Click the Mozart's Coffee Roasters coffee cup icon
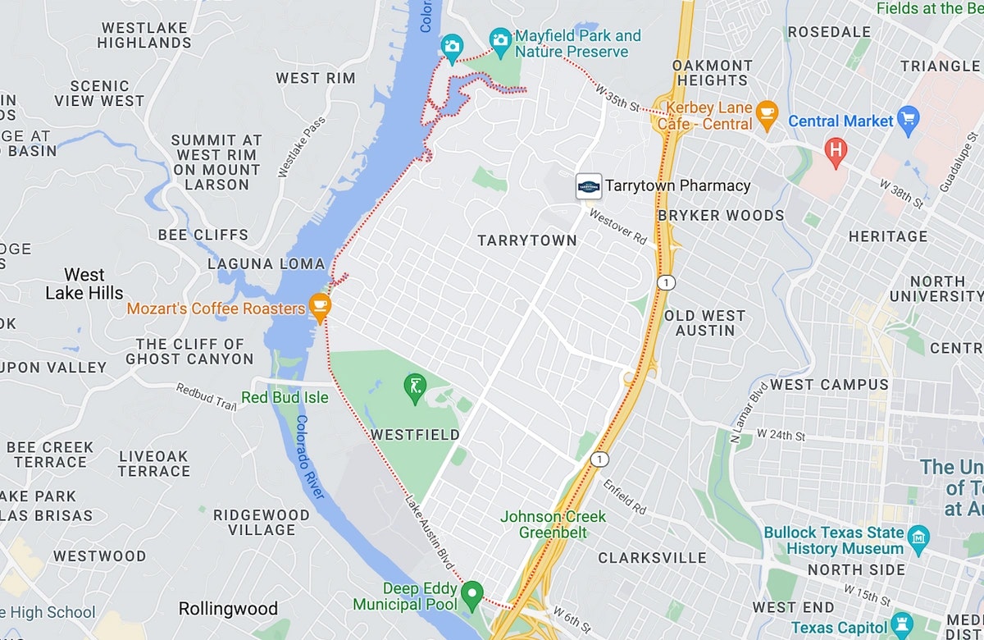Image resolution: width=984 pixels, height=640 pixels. pyautogui.click(x=320, y=307)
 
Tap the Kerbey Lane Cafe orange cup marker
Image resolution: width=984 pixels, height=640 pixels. pyautogui.click(x=767, y=114)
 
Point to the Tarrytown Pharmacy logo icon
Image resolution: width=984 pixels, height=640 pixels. pyautogui.click(x=589, y=185)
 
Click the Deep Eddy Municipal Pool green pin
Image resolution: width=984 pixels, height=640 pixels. pyautogui.click(x=471, y=592)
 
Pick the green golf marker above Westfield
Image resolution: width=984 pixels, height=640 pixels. pyautogui.click(x=415, y=385)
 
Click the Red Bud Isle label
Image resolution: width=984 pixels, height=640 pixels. pyautogui.click(x=285, y=398)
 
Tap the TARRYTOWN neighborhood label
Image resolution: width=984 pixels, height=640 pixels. pyautogui.click(x=527, y=240)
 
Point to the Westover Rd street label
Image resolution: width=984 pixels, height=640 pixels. pyautogui.click(x=617, y=226)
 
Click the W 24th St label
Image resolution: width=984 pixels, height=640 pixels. pyautogui.click(x=782, y=434)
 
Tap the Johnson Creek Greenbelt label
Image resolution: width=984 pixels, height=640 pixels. pyautogui.click(x=553, y=524)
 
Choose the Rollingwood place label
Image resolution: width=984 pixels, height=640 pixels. pyautogui.click(x=228, y=609)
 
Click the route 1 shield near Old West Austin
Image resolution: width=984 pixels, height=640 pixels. pyautogui.click(x=667, y=282)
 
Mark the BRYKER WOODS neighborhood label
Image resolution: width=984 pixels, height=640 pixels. pyautogui.click(x=721, y=216)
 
